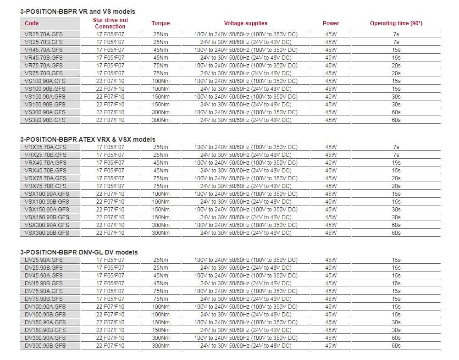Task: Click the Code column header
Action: click(32, 23)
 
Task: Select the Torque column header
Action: click(160, 23)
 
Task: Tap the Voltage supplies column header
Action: click(245, 23)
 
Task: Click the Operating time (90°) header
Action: click(396, 23)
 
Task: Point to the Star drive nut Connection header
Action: click(110, 23)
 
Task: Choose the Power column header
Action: click(331, 23)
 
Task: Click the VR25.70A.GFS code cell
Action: click(44, 34)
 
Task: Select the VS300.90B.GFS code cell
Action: click(45, 120)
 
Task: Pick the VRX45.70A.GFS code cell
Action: click(46, 163)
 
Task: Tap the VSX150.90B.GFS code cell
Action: click(47, 217)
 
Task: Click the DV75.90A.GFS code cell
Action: click(44, 291)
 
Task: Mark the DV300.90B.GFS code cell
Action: click(45, 346)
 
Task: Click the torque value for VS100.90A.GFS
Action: click(160, 81)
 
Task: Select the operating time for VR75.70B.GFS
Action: click(396, 73)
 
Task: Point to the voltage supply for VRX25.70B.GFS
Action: click(245, 155)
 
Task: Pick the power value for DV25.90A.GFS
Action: click(331, 260)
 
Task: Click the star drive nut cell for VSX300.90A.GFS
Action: click(110, 225)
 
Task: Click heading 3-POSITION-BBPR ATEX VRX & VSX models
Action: click(88, 139)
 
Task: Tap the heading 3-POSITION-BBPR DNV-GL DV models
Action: click(79, 252)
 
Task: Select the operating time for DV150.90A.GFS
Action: click(396, 322)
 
